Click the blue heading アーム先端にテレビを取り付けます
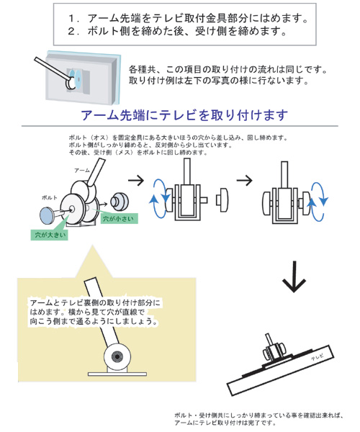(184, 115)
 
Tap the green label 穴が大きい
(50, 235)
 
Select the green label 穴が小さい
(119, 218)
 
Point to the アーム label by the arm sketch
(82, 171)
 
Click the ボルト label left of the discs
(50, 197)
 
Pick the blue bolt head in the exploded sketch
(48, 216)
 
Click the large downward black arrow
(294, 276)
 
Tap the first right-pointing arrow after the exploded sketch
(136, 181)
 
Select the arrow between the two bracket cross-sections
(244, 181)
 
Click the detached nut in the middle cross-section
(222, 199)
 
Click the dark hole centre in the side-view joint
(117, 357)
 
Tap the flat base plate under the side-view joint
(117, 374)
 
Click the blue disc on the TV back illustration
(75, 78)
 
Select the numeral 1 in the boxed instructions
(71, 18)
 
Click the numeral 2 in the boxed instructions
(71, 30)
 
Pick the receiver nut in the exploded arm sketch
(120, 201)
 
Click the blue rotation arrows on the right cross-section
(318, 202)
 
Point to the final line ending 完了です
(225, 423)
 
